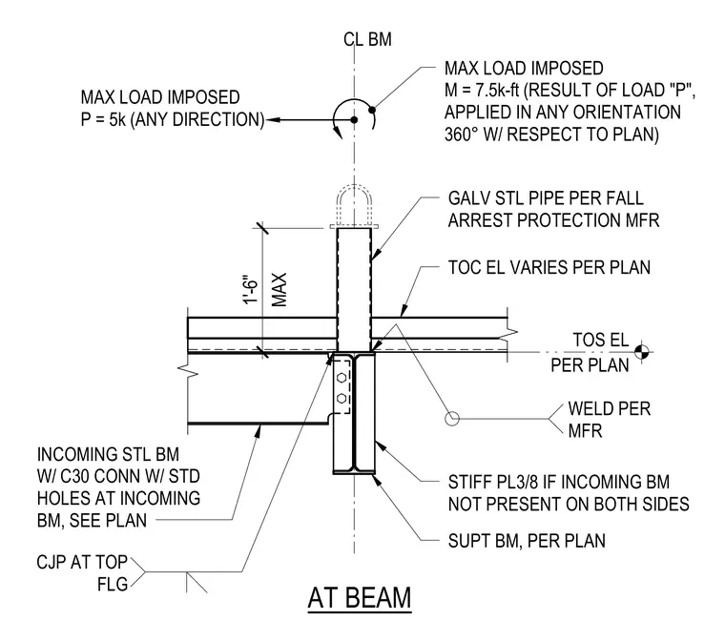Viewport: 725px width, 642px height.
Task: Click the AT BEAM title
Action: tap(360, 597)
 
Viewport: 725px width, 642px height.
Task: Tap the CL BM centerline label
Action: tap(367, 40)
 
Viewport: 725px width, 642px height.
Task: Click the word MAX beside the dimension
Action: tap(279, 290)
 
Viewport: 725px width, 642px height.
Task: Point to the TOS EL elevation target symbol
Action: tap(641, 352)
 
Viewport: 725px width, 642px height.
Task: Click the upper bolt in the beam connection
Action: tap(342, 378)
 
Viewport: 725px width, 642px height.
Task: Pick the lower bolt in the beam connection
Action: tap(342, 398)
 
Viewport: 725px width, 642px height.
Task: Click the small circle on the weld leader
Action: tap(452, 419)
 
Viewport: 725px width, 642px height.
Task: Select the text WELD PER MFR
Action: tap(609, 420)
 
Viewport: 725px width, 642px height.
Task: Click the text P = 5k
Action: tap(103, 119)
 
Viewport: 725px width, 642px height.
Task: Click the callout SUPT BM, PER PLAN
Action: tap(527, 541)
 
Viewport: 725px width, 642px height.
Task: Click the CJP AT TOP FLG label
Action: tap(82, 573)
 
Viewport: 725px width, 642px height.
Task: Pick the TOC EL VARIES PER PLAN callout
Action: tap(549, 268)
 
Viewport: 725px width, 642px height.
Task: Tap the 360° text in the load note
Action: tap(462, 135)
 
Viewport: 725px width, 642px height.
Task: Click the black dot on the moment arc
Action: tap(372, 110)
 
